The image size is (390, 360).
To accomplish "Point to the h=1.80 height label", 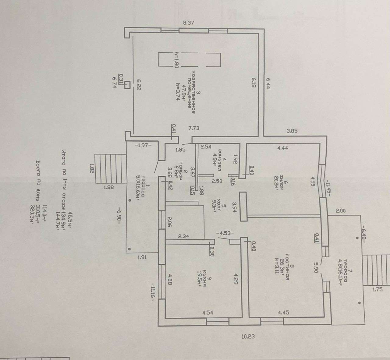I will point(176,59).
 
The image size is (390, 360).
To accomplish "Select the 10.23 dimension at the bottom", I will point(248,337).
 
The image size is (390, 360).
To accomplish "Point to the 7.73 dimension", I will point(194,128).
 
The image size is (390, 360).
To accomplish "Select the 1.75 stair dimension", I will point(377,290).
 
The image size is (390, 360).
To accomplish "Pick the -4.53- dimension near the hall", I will point(225,233).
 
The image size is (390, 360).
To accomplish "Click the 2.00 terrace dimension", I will point(341,210).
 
